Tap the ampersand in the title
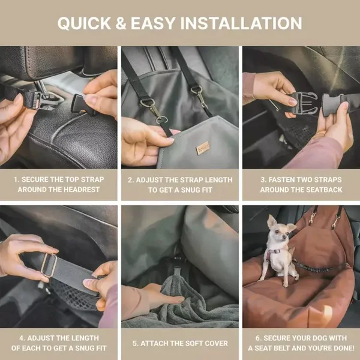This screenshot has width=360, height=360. click(121, 23)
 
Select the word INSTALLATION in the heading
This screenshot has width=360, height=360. click(241, 23)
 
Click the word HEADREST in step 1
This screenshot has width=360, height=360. click(82, 190)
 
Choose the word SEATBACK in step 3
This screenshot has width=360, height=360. click(324, 190)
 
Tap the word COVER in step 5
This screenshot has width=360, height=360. click(216, 343)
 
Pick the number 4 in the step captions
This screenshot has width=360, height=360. click(22, 338)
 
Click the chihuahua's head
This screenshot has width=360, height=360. click(280, 231)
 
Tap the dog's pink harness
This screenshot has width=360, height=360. click(276, 256)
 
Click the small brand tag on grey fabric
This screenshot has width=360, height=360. click(203, 148)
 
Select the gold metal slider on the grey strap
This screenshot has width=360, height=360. click(49, 265)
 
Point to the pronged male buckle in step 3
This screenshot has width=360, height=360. click(304, 103)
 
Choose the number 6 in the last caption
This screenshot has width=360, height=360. click(258, 338)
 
